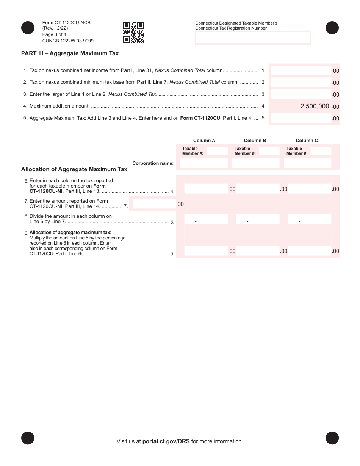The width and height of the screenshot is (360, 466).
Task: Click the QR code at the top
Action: point(133,32)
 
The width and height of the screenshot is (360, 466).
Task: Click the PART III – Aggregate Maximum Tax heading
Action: point(70,53)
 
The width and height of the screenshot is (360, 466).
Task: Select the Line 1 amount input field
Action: point(301,70)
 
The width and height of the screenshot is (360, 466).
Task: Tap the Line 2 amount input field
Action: point(301,82)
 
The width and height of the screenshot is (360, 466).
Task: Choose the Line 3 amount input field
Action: point(301,94)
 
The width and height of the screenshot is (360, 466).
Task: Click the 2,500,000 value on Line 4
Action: point(315,106)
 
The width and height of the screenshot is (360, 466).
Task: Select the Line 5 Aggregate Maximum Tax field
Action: point(301,118)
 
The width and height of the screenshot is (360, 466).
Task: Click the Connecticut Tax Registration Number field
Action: point(253,38)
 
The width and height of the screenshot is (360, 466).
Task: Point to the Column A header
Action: point(204,141)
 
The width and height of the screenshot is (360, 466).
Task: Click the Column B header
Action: point(255,141)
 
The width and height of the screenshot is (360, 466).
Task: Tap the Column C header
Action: point(307,141)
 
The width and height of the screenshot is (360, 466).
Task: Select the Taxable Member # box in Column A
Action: point(217,151)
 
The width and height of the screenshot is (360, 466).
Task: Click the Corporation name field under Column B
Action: point(255,163)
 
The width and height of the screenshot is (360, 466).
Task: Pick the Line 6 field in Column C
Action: point(309,189)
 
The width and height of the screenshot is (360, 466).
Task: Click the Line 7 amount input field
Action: point(154,204)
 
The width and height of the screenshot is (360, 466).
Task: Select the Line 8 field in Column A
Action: point(206,219)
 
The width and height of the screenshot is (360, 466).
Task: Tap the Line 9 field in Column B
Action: point(257,251)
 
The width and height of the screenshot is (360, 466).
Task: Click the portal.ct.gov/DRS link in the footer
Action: point(166,441)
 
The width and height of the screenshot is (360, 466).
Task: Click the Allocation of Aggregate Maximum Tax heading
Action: point(74,169)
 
